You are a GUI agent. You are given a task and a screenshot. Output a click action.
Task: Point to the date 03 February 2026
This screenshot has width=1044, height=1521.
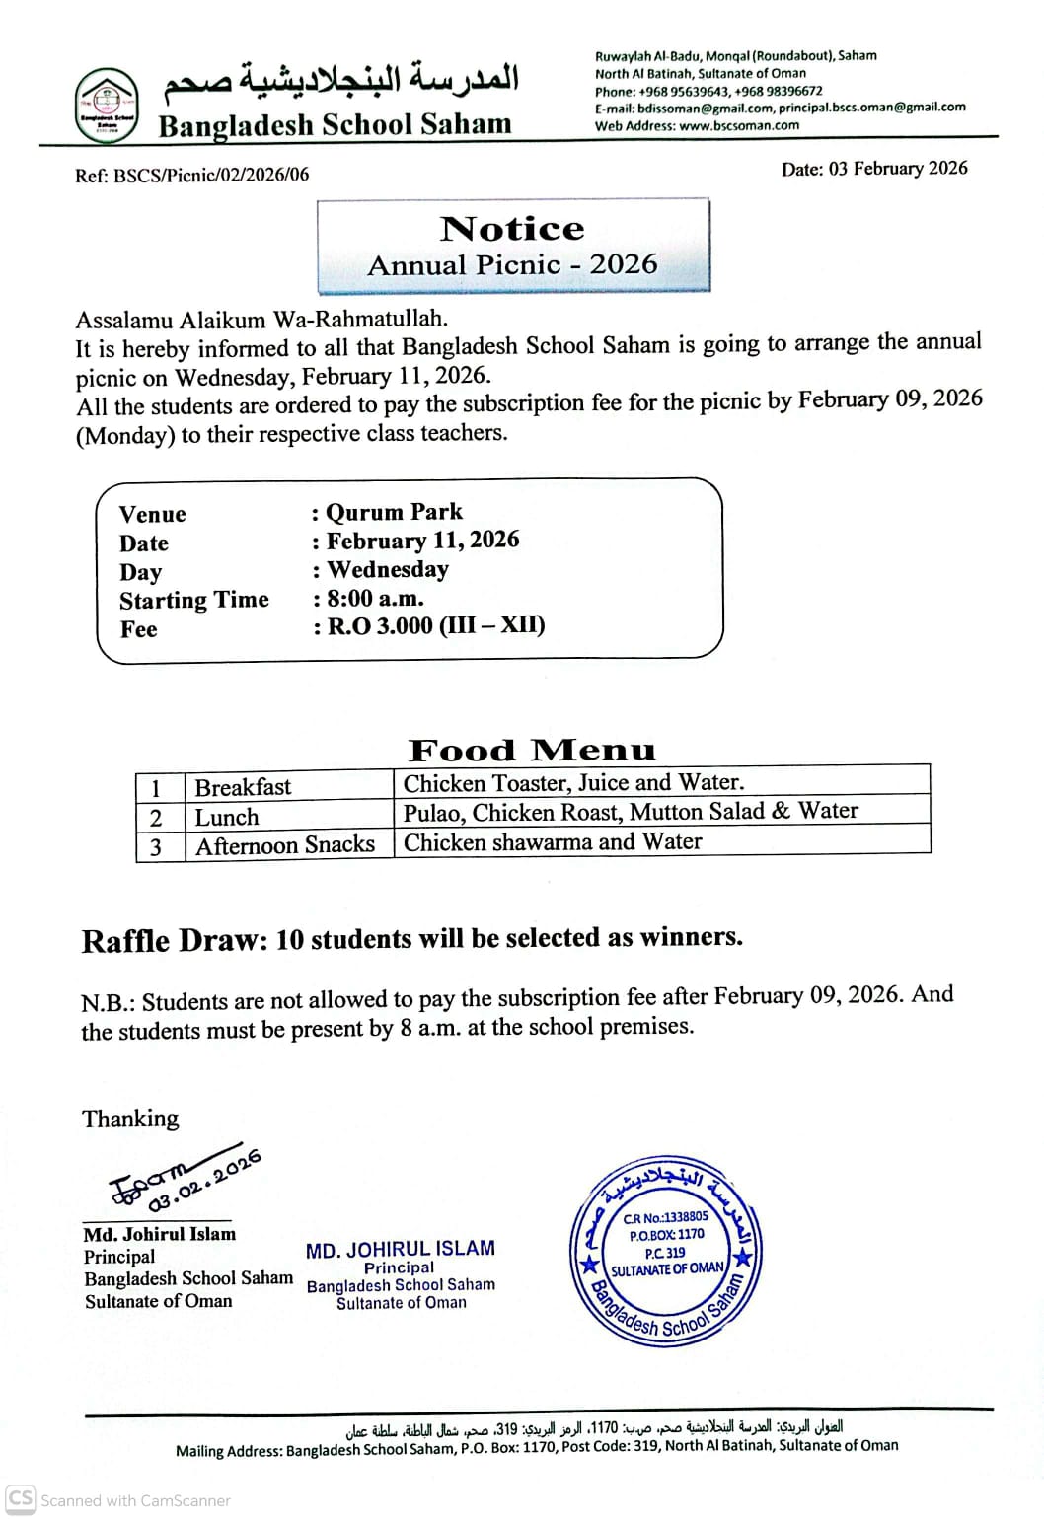coord(898,169)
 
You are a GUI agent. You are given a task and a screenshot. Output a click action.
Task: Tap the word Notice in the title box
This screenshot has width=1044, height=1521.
coord(512,229)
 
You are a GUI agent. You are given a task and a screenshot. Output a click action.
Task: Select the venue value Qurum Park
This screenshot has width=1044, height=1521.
coord(394,512)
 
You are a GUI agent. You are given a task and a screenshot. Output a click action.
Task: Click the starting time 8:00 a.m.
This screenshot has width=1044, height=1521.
coord(375,599)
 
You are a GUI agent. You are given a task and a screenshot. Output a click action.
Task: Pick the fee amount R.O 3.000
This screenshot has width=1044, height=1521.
coord(380,626)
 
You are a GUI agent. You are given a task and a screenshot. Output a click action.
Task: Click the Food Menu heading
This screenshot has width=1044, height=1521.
coord(532,751)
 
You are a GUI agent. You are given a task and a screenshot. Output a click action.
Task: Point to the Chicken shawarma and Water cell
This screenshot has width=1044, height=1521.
coord(553,842)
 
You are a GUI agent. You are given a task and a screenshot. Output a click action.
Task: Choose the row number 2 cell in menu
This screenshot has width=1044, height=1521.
coord(156,818)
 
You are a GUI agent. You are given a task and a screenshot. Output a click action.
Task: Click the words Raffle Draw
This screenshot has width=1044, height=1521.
coord(174,940)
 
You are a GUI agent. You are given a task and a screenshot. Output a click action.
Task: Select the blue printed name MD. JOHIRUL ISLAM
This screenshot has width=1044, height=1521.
coord(400,1250)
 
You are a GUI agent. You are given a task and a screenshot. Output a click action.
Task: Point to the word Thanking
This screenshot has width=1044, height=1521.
coord(130,1119)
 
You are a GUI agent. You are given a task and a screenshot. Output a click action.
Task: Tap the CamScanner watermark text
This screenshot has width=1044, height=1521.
coord(135,1500)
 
